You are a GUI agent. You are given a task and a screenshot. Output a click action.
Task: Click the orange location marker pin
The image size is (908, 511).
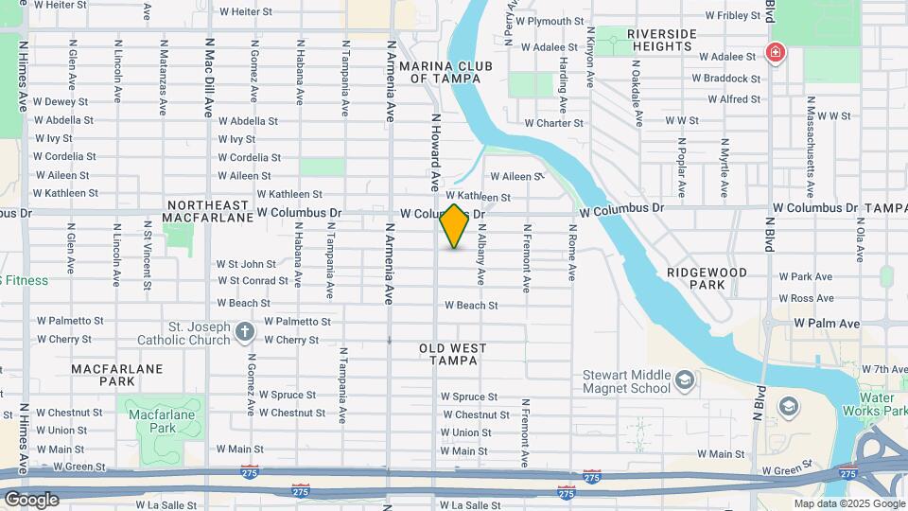[x=455, y=226]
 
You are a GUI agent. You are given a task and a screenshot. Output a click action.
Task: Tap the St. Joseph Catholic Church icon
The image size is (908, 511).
[x=245, y=331]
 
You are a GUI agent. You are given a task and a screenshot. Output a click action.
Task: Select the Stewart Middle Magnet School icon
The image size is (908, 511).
[x=684, y=381]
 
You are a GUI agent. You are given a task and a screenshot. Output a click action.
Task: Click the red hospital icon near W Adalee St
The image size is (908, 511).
[x=776, y=52]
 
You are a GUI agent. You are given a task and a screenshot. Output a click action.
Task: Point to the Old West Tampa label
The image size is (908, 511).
[x=452, y=355]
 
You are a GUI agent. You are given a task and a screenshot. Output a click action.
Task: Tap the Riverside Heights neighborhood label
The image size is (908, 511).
[x=662, y=41]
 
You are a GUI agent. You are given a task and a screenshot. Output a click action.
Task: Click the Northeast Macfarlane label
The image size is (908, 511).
[x=207, y=211]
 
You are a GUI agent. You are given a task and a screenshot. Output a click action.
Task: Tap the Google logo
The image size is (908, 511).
[x=30, y=499]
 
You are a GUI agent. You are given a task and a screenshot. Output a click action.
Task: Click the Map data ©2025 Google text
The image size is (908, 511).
[x=848, y=503]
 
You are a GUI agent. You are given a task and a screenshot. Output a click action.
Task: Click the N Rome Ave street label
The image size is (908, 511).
[x=572, y=253]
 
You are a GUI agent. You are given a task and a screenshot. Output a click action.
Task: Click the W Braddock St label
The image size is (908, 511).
[x=729, y=79]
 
